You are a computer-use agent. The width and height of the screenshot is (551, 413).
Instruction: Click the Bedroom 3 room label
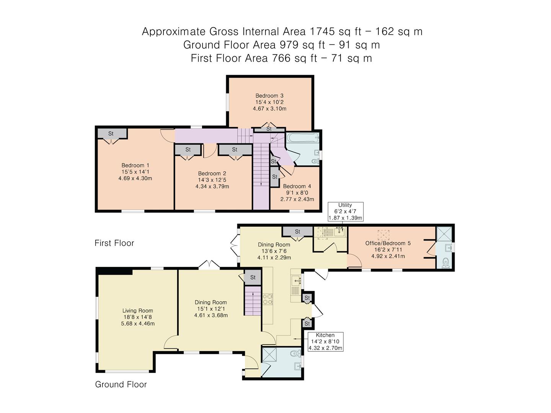point(269,96)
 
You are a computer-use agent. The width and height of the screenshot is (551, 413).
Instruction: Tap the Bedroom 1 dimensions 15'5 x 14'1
point(135,172)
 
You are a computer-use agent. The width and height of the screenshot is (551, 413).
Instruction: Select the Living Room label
point(138,311)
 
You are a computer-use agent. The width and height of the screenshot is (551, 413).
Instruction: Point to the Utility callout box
point(346,211)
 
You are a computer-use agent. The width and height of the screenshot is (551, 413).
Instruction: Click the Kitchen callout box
point(325,341)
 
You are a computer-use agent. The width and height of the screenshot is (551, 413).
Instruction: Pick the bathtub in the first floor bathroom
point(303,138)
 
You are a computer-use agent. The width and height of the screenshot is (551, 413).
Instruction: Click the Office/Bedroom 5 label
point(388,243)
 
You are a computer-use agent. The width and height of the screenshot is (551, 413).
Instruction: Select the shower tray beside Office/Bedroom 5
point(444,234)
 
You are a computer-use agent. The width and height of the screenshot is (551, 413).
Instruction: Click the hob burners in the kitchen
point(267,299)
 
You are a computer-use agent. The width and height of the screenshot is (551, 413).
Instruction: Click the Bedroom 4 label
point(297,186)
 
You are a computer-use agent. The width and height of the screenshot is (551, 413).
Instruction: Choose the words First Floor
point(114,243)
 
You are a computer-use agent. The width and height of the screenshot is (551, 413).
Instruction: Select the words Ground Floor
point(121,384)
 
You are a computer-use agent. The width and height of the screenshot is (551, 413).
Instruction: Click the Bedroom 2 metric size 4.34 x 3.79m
point(212,186)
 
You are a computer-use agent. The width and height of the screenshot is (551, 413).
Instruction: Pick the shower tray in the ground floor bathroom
point(269,354)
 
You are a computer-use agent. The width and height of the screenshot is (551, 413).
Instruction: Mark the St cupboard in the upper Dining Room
point(298,231)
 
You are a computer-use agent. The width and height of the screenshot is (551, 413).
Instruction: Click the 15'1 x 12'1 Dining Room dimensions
point(210,309)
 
